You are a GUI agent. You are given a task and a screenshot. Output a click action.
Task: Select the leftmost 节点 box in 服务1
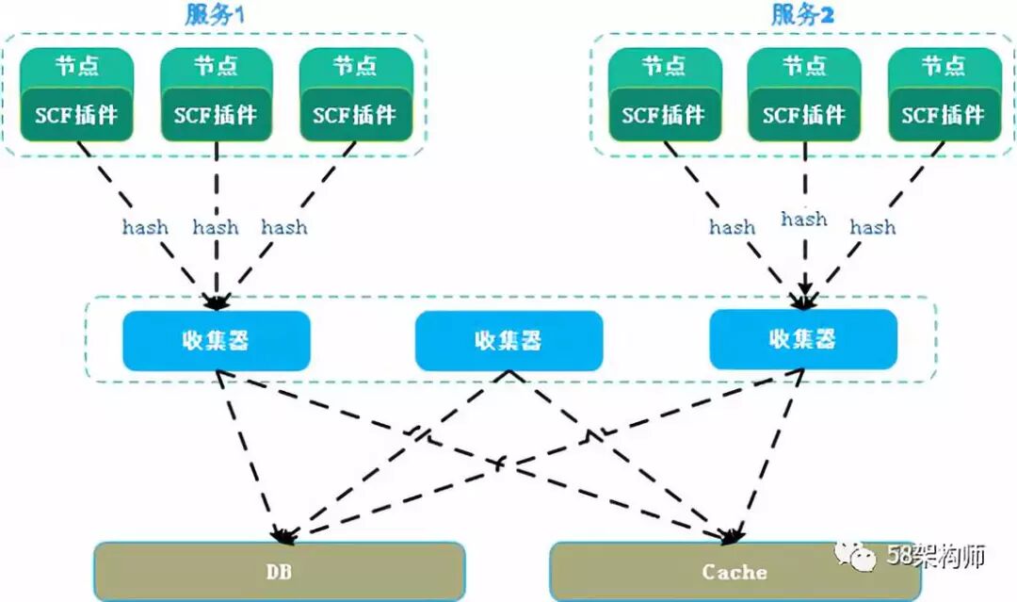pyautogui.click(x=77, y=67)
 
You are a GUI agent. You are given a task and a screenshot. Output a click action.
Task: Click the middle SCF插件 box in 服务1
pyautogui.click(x=217, y=115)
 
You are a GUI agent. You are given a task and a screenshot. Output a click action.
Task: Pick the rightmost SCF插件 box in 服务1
pyautogui.click(x=356, y=115)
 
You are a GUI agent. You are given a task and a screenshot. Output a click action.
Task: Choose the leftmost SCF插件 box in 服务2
pyautogui.click(x=664, y=115)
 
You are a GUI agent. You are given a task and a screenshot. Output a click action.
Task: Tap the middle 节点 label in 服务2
pyautogui.click(x=804, y=67)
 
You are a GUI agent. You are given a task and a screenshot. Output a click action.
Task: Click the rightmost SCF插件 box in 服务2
pyautogui.click(x=944, y=115)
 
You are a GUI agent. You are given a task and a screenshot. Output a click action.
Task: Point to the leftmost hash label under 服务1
pyautogui.click(x=145, y=227)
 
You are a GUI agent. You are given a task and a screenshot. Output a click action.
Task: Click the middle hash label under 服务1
pyautogui.click(x=216, y=227)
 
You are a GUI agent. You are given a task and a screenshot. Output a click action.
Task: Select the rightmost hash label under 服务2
pyautogui.click(x=873, y=227)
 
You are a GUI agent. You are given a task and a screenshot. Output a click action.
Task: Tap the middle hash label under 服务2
pyautogui.click(x=804, y=220)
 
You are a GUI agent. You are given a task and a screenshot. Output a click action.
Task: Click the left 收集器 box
pyautogui.click(x=217, y=339)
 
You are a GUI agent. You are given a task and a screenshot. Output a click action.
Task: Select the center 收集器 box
pyautogui.click(x=508, y=339)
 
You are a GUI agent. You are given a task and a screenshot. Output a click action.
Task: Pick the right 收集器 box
pyautogui.click(x=803, y=339)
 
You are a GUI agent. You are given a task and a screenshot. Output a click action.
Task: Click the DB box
pyautogui.click(x=280, y=572)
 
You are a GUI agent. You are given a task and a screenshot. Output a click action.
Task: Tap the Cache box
pyautogui.click(x=734, y=572)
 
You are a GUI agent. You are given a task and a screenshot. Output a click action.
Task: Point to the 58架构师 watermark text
pyautogui.click(x=936, y=556)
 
